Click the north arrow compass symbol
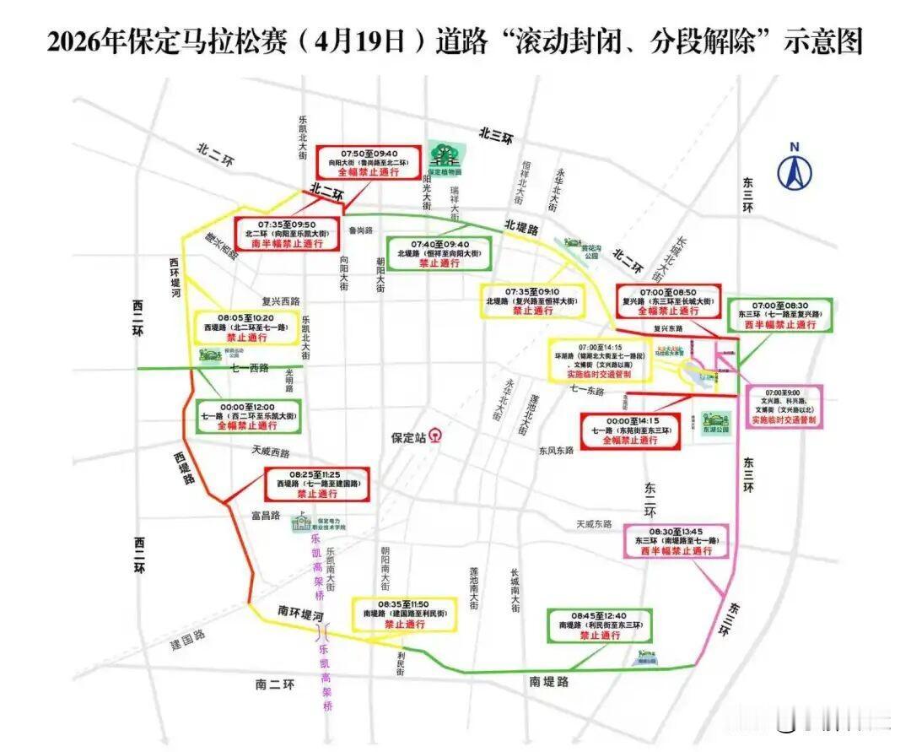[x=794, y=167]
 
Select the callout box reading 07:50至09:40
[x=368, y=162]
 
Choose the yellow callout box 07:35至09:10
[x=532, y=300]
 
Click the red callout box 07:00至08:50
[x=668, y=300]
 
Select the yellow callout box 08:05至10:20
[x=245, y=327]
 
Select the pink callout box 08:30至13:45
[x=676, y=541]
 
